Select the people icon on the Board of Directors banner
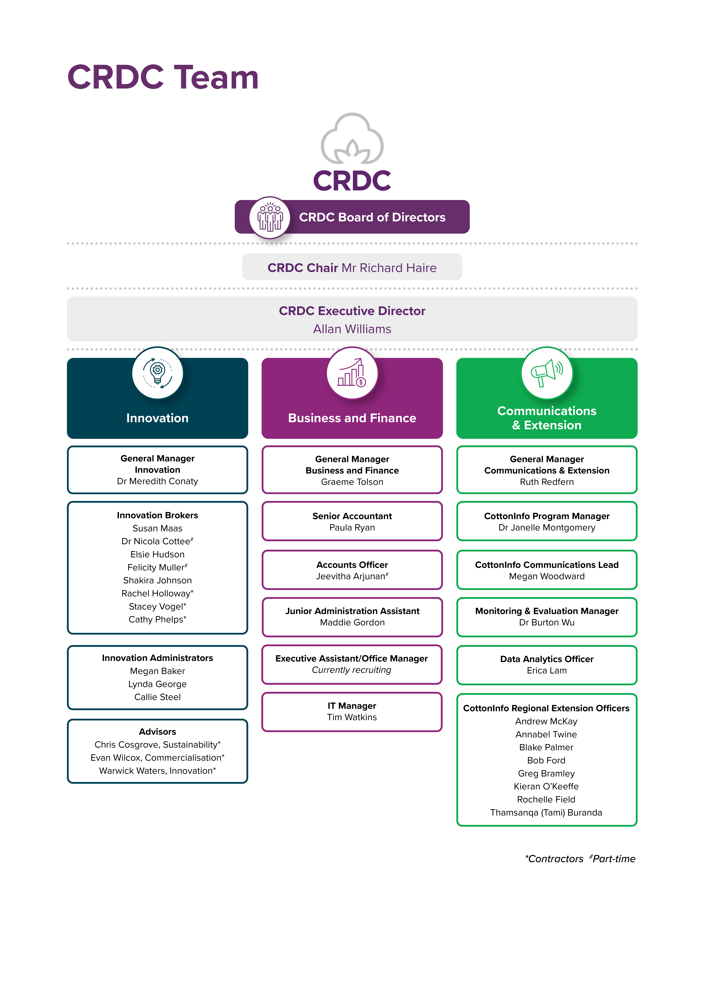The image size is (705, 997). pos(270,217)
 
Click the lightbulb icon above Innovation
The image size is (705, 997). pos(157,373)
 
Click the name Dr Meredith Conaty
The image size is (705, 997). pos(157,481)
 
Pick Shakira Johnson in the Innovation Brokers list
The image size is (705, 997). pos(157,581)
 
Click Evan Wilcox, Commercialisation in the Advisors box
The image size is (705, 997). pos(157,758)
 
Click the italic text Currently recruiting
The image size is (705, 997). pos(351,670)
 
